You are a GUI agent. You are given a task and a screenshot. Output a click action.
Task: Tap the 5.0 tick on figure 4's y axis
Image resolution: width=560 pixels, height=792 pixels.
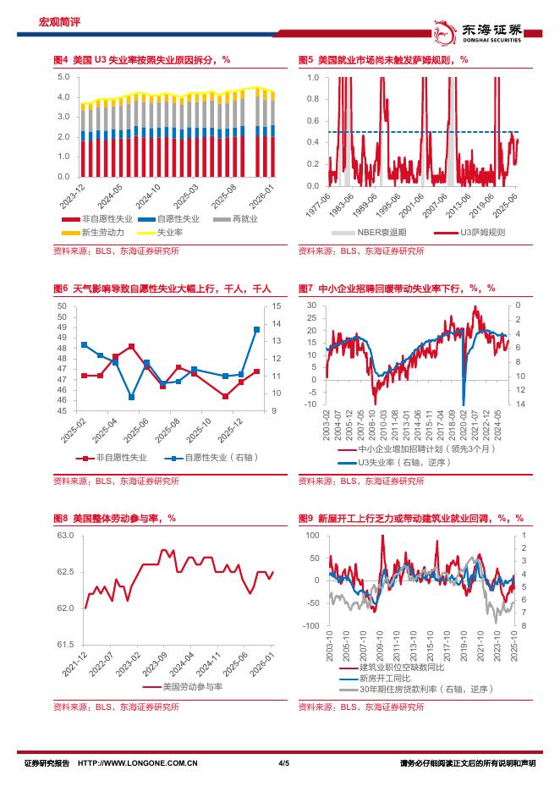[63, 77]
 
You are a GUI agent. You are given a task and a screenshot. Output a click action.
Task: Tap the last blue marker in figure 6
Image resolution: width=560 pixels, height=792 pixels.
[256, 329]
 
